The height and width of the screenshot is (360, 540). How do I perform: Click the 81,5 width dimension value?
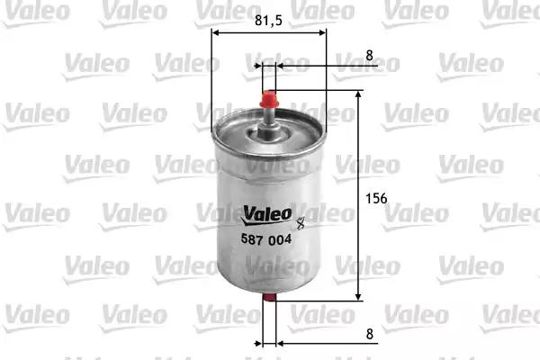[268, 21]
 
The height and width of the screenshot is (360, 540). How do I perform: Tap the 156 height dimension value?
[376, 198]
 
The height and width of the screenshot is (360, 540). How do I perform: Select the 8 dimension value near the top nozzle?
[370, 55]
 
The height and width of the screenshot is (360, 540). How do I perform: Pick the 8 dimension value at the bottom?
[370, 334]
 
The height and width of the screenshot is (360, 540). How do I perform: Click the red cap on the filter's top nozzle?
[269, 99]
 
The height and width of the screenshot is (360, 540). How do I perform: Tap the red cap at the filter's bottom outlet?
[269, 297]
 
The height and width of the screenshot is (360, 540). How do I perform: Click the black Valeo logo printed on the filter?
[266, 215]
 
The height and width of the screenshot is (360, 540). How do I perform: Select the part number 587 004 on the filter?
[266, 239]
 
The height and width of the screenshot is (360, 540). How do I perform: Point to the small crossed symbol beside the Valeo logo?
[301, 223]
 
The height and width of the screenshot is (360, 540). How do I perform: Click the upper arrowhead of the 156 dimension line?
[358, 94]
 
